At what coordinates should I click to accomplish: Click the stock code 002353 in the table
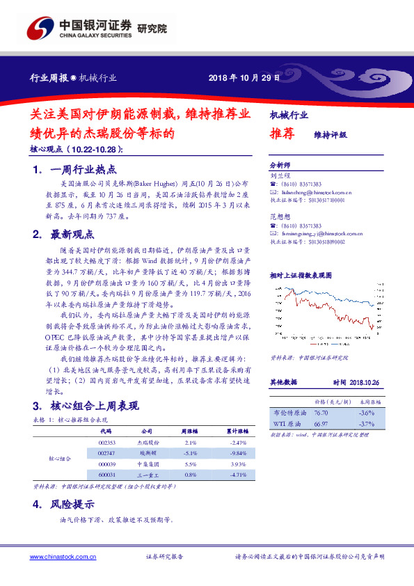106,443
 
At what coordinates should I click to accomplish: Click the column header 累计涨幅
239,431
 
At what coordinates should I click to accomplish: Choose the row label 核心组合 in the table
59,459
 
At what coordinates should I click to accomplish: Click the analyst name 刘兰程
278,176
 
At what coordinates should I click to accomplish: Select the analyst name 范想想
278,218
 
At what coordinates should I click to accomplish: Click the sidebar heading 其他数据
283,383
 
